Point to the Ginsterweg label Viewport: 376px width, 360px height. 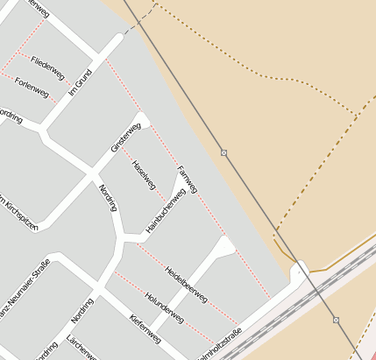(125, 138)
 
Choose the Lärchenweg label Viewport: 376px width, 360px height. (82, 347)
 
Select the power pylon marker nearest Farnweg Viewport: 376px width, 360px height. (224, 152)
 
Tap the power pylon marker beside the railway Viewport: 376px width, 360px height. (336, 320)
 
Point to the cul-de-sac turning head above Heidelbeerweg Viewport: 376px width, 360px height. (226, 249)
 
